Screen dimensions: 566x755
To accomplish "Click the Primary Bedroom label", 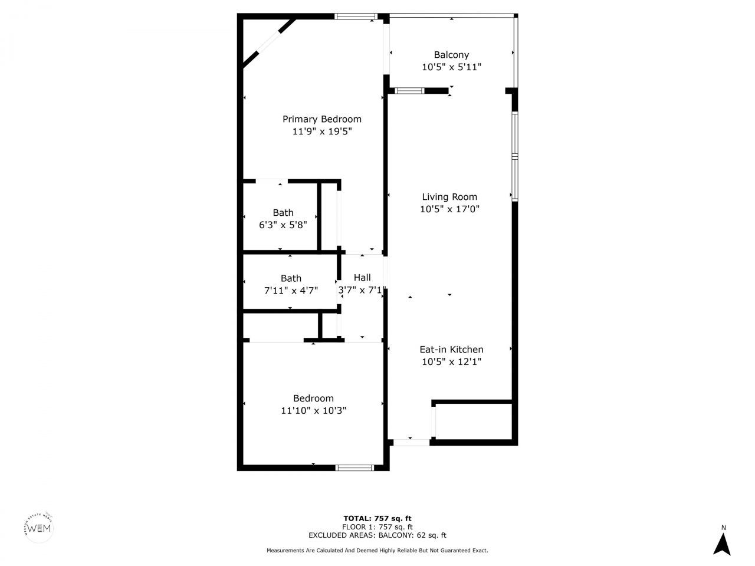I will pyautogui.click(x=321, y=119).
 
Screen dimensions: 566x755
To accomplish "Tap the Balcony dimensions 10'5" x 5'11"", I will pyautogui.click(x=451, y=67).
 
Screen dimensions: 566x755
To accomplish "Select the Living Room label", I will pyautogui.click(x=449, y=197).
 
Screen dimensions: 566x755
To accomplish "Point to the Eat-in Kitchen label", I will pyautogui.click(x=451, y=350).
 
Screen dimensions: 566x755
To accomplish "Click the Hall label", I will pyautogui.click(x=362, y=278).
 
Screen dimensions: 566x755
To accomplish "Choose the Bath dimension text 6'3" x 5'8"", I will pyautogui.click(x=283, y=225).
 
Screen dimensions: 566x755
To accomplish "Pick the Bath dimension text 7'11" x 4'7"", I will pyautogui.click(x=291, y=290).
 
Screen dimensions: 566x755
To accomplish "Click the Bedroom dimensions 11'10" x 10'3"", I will pyautogui.click(x=313, y=410).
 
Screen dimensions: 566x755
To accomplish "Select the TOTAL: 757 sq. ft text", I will pyautogui.click(x=377, y=518).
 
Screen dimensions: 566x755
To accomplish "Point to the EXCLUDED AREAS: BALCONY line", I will pyautogui.click(x=377, y=535).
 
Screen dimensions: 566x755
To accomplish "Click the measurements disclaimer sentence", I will pyautogui.click(x=377, y=551).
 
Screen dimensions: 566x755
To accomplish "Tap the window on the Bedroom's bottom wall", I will pyautogui.click(x=354, y=468).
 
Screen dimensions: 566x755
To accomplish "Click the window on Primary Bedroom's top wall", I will pyautogui.click(x=355, y=17).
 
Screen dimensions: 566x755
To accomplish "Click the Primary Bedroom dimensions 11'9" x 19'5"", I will pyautogui.click(x=321, y=132).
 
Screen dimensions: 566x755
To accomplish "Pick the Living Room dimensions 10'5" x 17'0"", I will pyautogui.click(x=449, y=209).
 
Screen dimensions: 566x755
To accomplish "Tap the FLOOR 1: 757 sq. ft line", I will pyautogui.click(x=377, y=527).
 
